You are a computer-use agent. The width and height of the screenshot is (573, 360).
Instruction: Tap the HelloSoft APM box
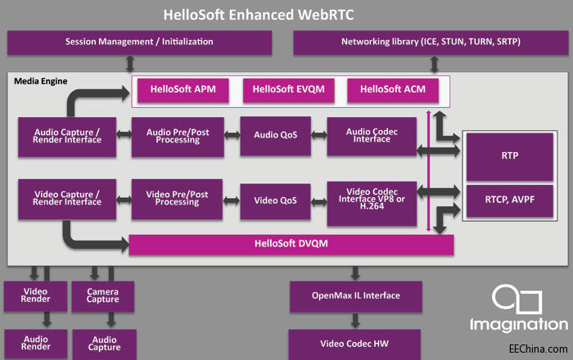click(x=182, y=89)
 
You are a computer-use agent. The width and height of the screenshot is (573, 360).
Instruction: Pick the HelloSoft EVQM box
click(x=288, y=89)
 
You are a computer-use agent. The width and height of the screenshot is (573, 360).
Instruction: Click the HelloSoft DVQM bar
click(x=291, y=244)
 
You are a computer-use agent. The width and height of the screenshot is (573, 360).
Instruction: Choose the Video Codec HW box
click(x=354, y=343)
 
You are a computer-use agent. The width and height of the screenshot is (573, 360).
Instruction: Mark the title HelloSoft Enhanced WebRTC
click(x=286, y=14)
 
